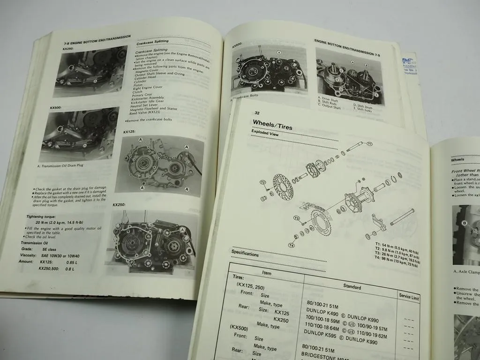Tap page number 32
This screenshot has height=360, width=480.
pyautogui.click(x=257, y=113)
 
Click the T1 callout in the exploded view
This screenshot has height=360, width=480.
pyautogui.click(x=369, y=144)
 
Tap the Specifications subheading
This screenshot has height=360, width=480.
pyautogui.click(x=245, y=254)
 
